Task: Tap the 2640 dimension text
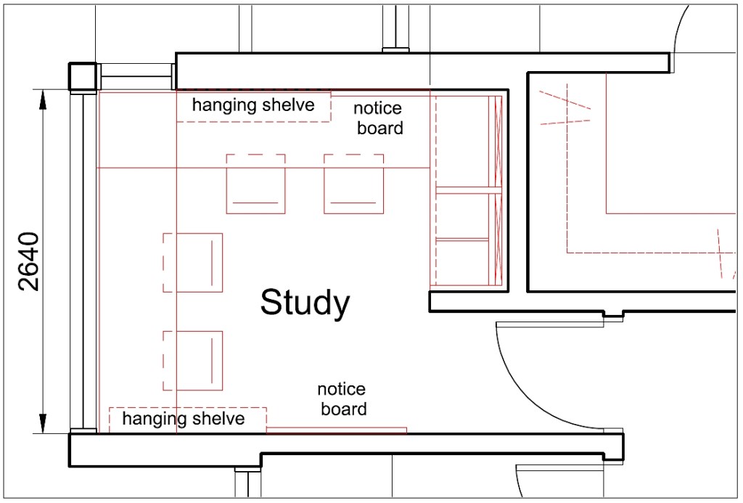pos(29,261)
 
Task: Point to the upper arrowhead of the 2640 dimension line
pos(43,100)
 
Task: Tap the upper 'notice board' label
pos(378,118)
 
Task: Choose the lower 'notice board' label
pos(342,399)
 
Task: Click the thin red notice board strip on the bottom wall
pos(337,430)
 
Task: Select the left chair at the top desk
pos(256,184)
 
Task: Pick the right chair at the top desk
pos(354,184)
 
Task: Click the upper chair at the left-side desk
pos(193,263)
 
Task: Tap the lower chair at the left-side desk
pos(193,361)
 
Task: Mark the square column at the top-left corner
pos(83,76)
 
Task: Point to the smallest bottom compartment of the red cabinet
pos(462,263)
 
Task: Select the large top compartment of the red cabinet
pos(462,142)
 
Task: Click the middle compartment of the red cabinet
pos(462,216)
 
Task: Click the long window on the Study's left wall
pos(83,261)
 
